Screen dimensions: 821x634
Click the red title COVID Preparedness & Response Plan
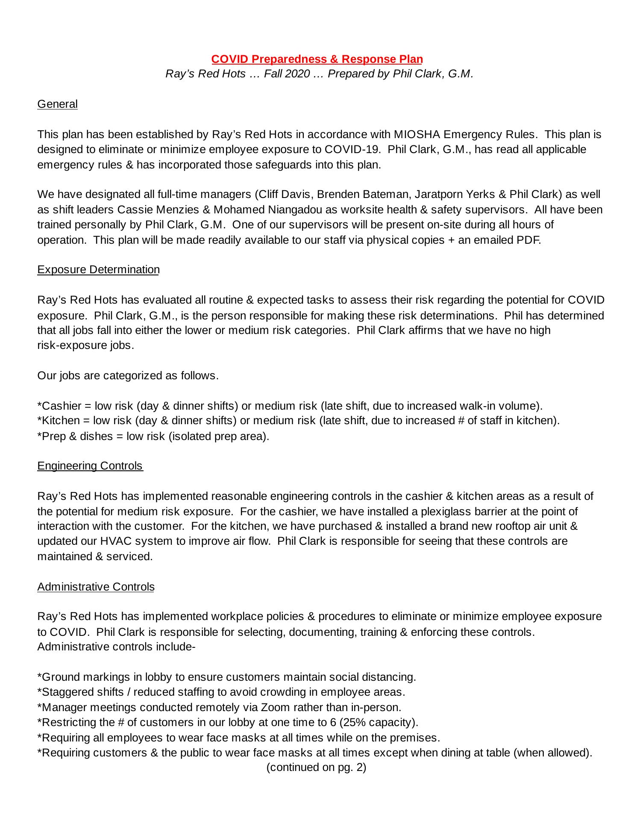click(x=317, y=59)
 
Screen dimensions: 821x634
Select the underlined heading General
click(x=57, y=104)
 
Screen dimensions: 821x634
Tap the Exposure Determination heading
click(x=98, y=269)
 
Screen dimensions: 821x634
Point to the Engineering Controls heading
click(x=90, y=466)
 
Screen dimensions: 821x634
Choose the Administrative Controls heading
click(x=96, y=587)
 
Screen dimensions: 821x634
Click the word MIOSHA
click(x=417, y=134)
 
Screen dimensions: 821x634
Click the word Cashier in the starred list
click(x=61, y=405)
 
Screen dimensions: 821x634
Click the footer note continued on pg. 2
click(x=317, y=768)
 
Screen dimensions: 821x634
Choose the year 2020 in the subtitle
click(x=297, y=74)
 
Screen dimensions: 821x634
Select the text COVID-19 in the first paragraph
click(x=352, y=150)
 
